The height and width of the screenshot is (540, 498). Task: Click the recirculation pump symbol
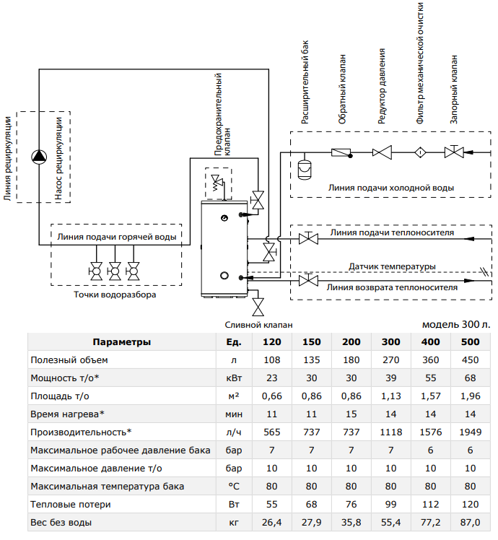[x=39, y=157]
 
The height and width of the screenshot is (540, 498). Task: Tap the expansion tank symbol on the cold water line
[x=305, y=169]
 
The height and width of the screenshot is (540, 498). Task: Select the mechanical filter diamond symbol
[x=420, y=152]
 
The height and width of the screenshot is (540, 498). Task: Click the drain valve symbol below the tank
[x=258, y=307]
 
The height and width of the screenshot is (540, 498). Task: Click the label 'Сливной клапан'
[x=258, y=325]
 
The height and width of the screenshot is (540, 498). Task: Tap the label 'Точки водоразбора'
[x=115, y=295]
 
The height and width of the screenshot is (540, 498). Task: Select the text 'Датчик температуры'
[x=392, y=266]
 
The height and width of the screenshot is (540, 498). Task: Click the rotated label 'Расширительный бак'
[x=305, y=82]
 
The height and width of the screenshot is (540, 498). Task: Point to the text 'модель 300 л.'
[x=456, y=324]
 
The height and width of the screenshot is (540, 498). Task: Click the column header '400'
[x=430, y=342]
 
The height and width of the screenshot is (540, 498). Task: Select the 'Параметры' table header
[x=121, y=342]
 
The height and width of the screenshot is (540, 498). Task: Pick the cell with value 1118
[x=391, y=432]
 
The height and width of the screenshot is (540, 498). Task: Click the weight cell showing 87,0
[x=470, y=523]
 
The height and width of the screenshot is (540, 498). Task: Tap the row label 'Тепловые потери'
[x=71, y=505]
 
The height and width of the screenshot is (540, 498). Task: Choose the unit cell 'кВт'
[x=234, y=378]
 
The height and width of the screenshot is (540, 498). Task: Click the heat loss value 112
[x=430, y=505]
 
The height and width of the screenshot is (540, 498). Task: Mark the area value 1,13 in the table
[x=391, y=396]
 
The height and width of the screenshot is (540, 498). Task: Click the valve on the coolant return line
[x=308, y=280]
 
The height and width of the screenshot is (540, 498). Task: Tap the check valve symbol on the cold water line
[x=341, y=152]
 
